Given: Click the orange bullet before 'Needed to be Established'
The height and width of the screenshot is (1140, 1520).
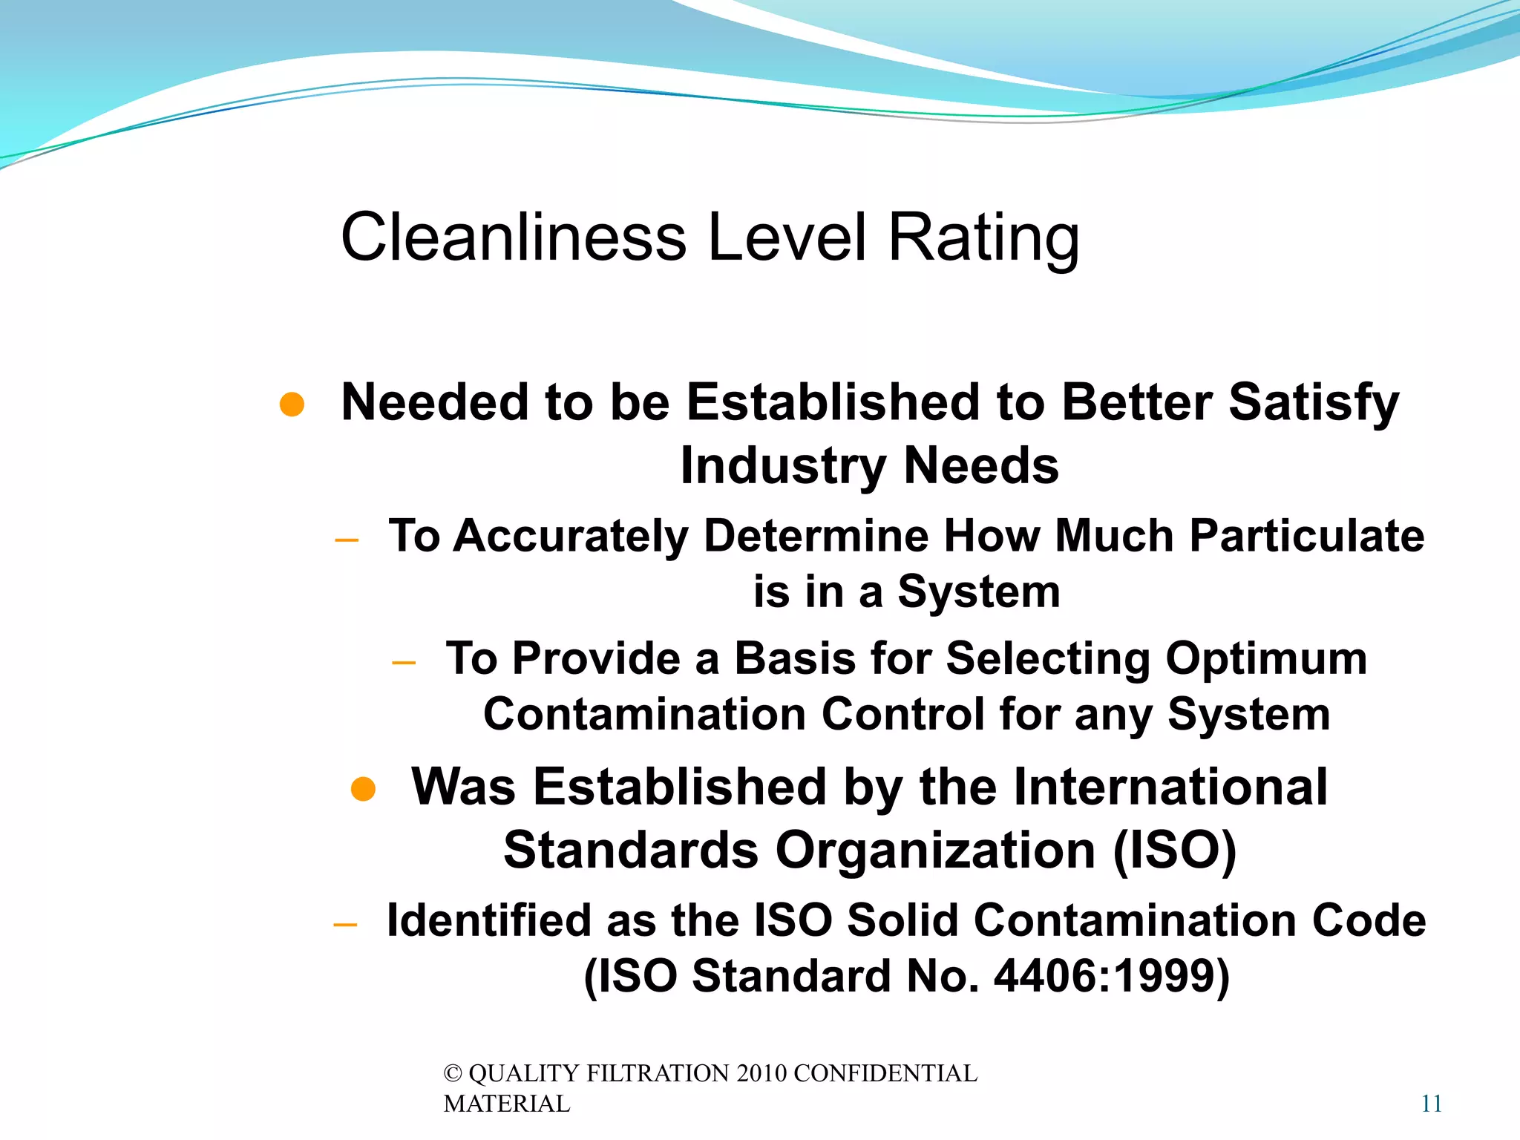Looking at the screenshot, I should [x=292, y=404].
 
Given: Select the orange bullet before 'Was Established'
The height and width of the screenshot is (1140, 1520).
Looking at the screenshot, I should [x=363, y=790].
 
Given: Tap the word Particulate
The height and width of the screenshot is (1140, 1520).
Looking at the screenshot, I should [x=1307, y=537].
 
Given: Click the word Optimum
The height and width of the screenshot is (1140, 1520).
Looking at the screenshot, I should [x=1266, y=659].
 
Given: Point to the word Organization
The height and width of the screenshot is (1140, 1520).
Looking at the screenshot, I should [x=935, y=851].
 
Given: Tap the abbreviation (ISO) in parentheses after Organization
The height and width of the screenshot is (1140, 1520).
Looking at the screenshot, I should [x=1175, y=851].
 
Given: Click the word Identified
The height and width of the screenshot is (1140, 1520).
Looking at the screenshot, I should [x=488, y=921].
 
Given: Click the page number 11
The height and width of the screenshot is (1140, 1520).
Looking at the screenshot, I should [x=1432, y=1104].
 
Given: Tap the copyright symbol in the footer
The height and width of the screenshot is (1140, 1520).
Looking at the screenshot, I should [x=453, y=1074].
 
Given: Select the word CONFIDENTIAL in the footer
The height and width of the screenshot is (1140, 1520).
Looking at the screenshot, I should [x=885, y=1074].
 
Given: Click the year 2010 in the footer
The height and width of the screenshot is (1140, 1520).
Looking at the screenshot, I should [x=762, y=1074].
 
